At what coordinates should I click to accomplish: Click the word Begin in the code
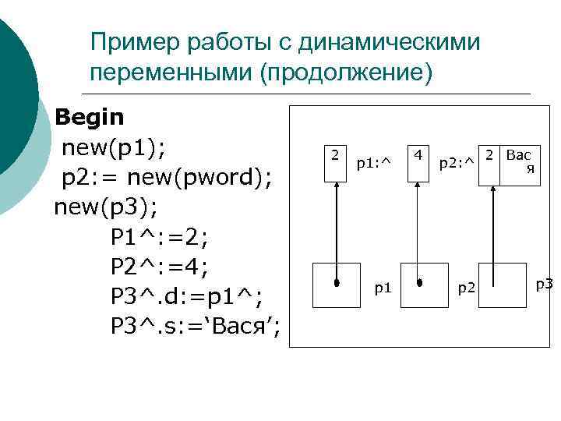tap(90, 118)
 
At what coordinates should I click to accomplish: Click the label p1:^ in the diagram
tap(372, 164)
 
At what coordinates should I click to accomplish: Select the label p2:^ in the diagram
tap(456, 164)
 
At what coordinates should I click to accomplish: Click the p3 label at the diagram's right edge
tap(544, 284)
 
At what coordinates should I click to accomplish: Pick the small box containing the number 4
tap(418, 163)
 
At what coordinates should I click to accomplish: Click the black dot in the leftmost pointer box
tap(337, 282)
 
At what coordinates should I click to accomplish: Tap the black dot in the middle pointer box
tap(419, 282)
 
